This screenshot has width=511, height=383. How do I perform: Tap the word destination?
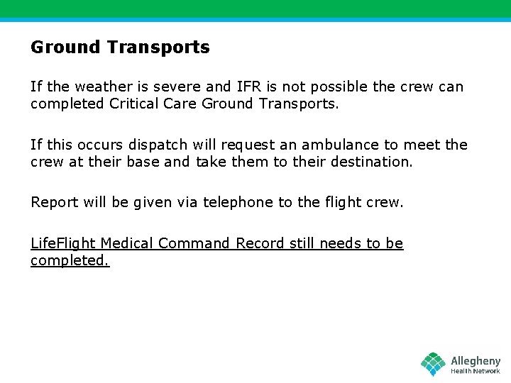click(x=370, y=162)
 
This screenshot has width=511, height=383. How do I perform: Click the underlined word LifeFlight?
click(x=62, y=243)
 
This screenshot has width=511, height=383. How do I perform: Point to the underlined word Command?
click(x=194, y=243)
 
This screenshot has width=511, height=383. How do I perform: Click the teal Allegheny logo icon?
click(x=433, y=364)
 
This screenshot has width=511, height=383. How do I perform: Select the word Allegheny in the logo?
click(x=476, y=360)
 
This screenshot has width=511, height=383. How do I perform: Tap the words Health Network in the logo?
click(x=476, y=372)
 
